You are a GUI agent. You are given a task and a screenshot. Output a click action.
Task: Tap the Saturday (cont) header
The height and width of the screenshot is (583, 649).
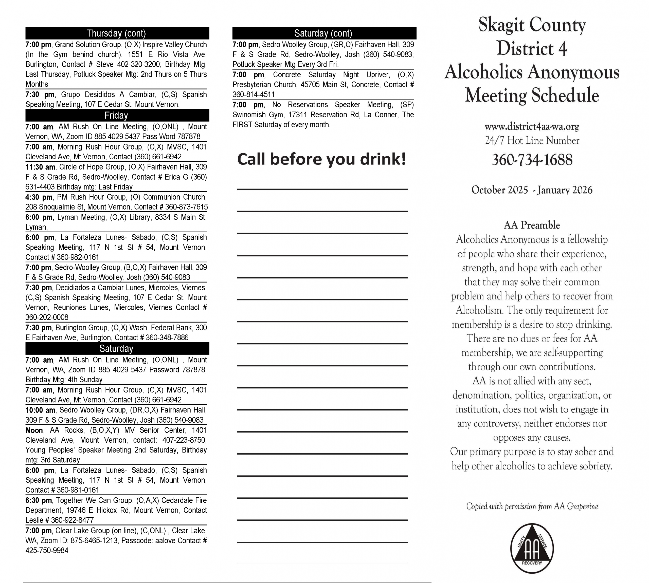(x=324, y=33)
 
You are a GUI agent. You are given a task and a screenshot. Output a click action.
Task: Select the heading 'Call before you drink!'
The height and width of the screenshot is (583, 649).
(x=321, y=159)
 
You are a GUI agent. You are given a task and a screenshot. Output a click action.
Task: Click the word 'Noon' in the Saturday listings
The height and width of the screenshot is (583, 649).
(x=34, y=430)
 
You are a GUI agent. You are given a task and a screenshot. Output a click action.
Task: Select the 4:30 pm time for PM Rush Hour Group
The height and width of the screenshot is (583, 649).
(x=39, y=197)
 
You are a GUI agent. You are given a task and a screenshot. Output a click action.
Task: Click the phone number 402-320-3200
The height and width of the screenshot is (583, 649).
(x=138, y=64)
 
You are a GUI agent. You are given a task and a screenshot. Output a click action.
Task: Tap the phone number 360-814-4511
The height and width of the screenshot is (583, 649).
(x=254, y=95)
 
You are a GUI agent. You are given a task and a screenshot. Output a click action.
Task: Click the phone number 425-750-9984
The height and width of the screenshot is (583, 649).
(x=47, y=550)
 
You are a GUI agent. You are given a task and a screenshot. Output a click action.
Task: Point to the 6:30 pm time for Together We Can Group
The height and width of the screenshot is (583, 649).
(x=39, y=500)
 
